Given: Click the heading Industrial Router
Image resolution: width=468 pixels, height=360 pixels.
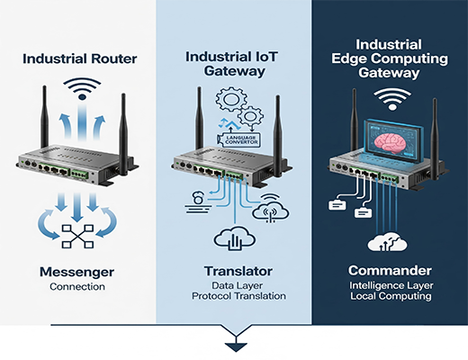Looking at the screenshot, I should (78, 60).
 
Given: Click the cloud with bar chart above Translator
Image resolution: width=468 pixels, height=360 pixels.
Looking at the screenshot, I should (233, 238).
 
